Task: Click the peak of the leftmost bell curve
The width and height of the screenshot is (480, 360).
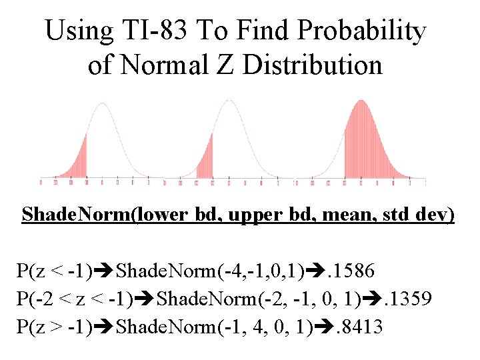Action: (x=102, y=104)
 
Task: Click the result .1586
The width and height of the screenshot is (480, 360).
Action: (x=354, y=271)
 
